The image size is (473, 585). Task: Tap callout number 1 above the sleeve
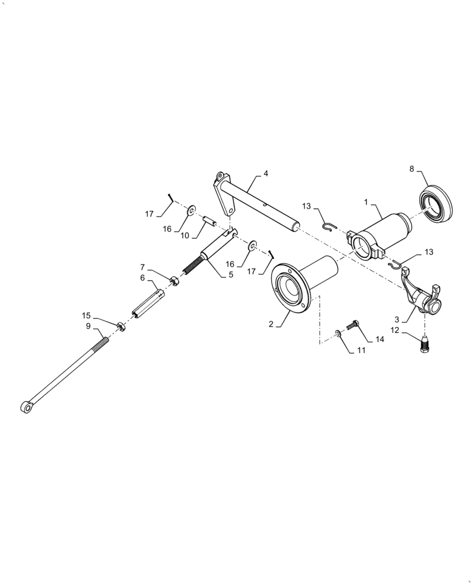click(366, 202)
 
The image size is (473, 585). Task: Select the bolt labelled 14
click(353, 324)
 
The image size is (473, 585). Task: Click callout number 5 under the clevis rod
click(231, 273)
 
